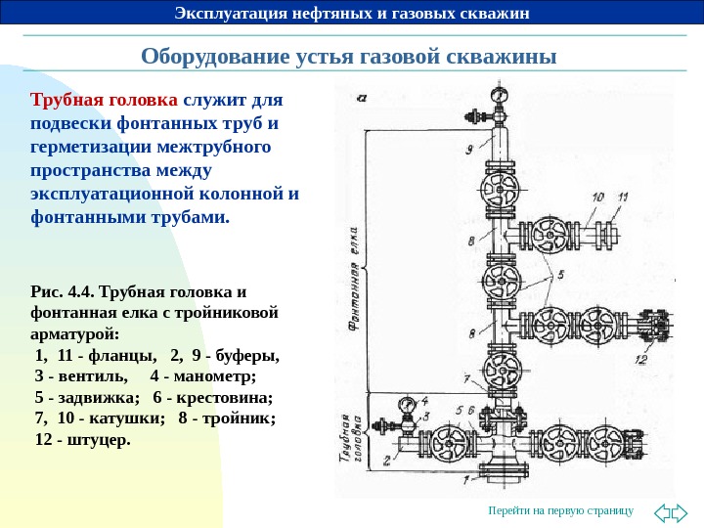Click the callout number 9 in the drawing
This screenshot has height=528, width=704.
tap(470, 150)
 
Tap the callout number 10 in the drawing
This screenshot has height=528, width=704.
tap(596, 197)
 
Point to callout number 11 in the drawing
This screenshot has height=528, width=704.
tap(622, 197)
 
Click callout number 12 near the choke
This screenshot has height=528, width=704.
tap(640, 360)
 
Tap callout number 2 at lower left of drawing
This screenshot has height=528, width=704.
tap(386, 459)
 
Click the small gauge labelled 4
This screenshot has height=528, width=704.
tap(406, 404)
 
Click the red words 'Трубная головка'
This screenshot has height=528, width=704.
tap(105, 101)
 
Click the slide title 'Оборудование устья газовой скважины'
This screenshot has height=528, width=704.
tap(349, 55)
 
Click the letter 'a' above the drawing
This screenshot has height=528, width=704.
tap(362, 97)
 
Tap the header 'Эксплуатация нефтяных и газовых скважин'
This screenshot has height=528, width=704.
tap(352, 13)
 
